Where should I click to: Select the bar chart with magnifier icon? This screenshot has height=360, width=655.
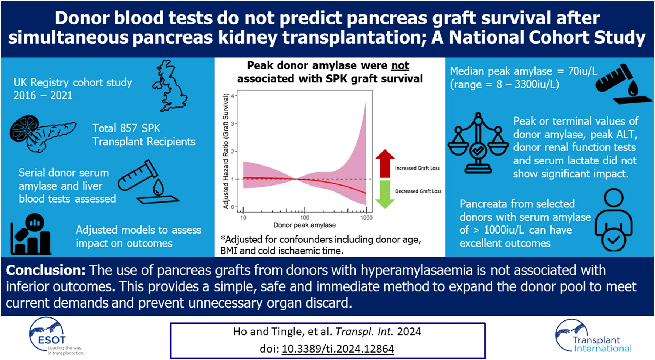(30, 234)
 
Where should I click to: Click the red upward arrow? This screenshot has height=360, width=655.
(385, 163)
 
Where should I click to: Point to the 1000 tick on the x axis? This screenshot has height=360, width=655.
(366, 217)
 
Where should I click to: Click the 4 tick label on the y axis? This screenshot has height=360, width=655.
(233, 96)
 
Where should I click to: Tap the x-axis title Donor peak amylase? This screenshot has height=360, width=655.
(305, 225)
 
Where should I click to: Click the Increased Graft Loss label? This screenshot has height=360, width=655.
(417, 168)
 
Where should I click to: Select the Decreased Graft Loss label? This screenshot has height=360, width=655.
(418, 191)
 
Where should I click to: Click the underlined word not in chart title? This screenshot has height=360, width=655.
(400, 65)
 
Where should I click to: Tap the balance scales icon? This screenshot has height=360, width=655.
(478, 143)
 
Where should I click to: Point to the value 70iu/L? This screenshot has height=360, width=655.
(583, 71)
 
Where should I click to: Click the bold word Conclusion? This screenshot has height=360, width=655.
(46, 270)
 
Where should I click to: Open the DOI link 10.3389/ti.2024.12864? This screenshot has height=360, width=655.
(338, 349)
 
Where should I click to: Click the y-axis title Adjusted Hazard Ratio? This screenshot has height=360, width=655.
(225, 151)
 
